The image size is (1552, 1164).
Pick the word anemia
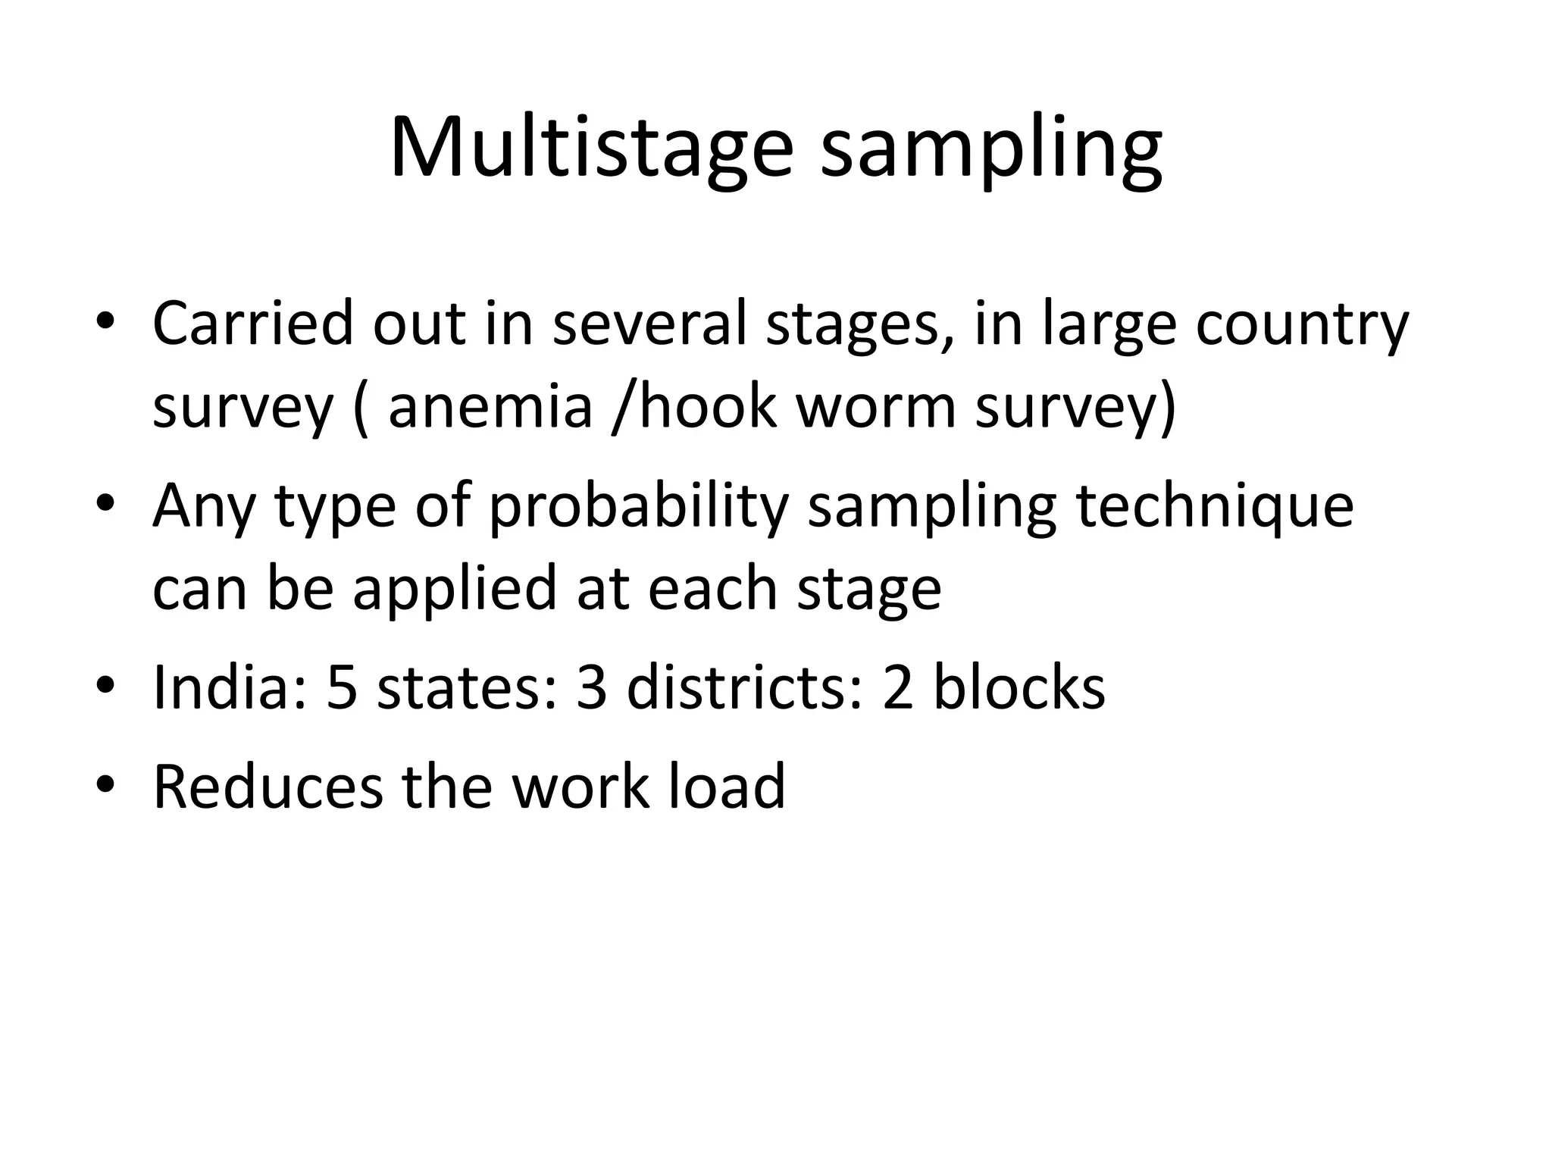pyautogui.click(x=490, y=407)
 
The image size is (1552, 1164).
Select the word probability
pyautogui.click(x=639, y=508)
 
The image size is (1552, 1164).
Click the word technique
pyautogui.click(x=1215, y=508)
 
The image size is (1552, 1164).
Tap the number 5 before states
pyautogui.click(x=342, y=688)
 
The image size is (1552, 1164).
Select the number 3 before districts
pyautogui.click(x=592, y=688)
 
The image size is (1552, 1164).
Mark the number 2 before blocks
pyautogui.click(x=898, y=688)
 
